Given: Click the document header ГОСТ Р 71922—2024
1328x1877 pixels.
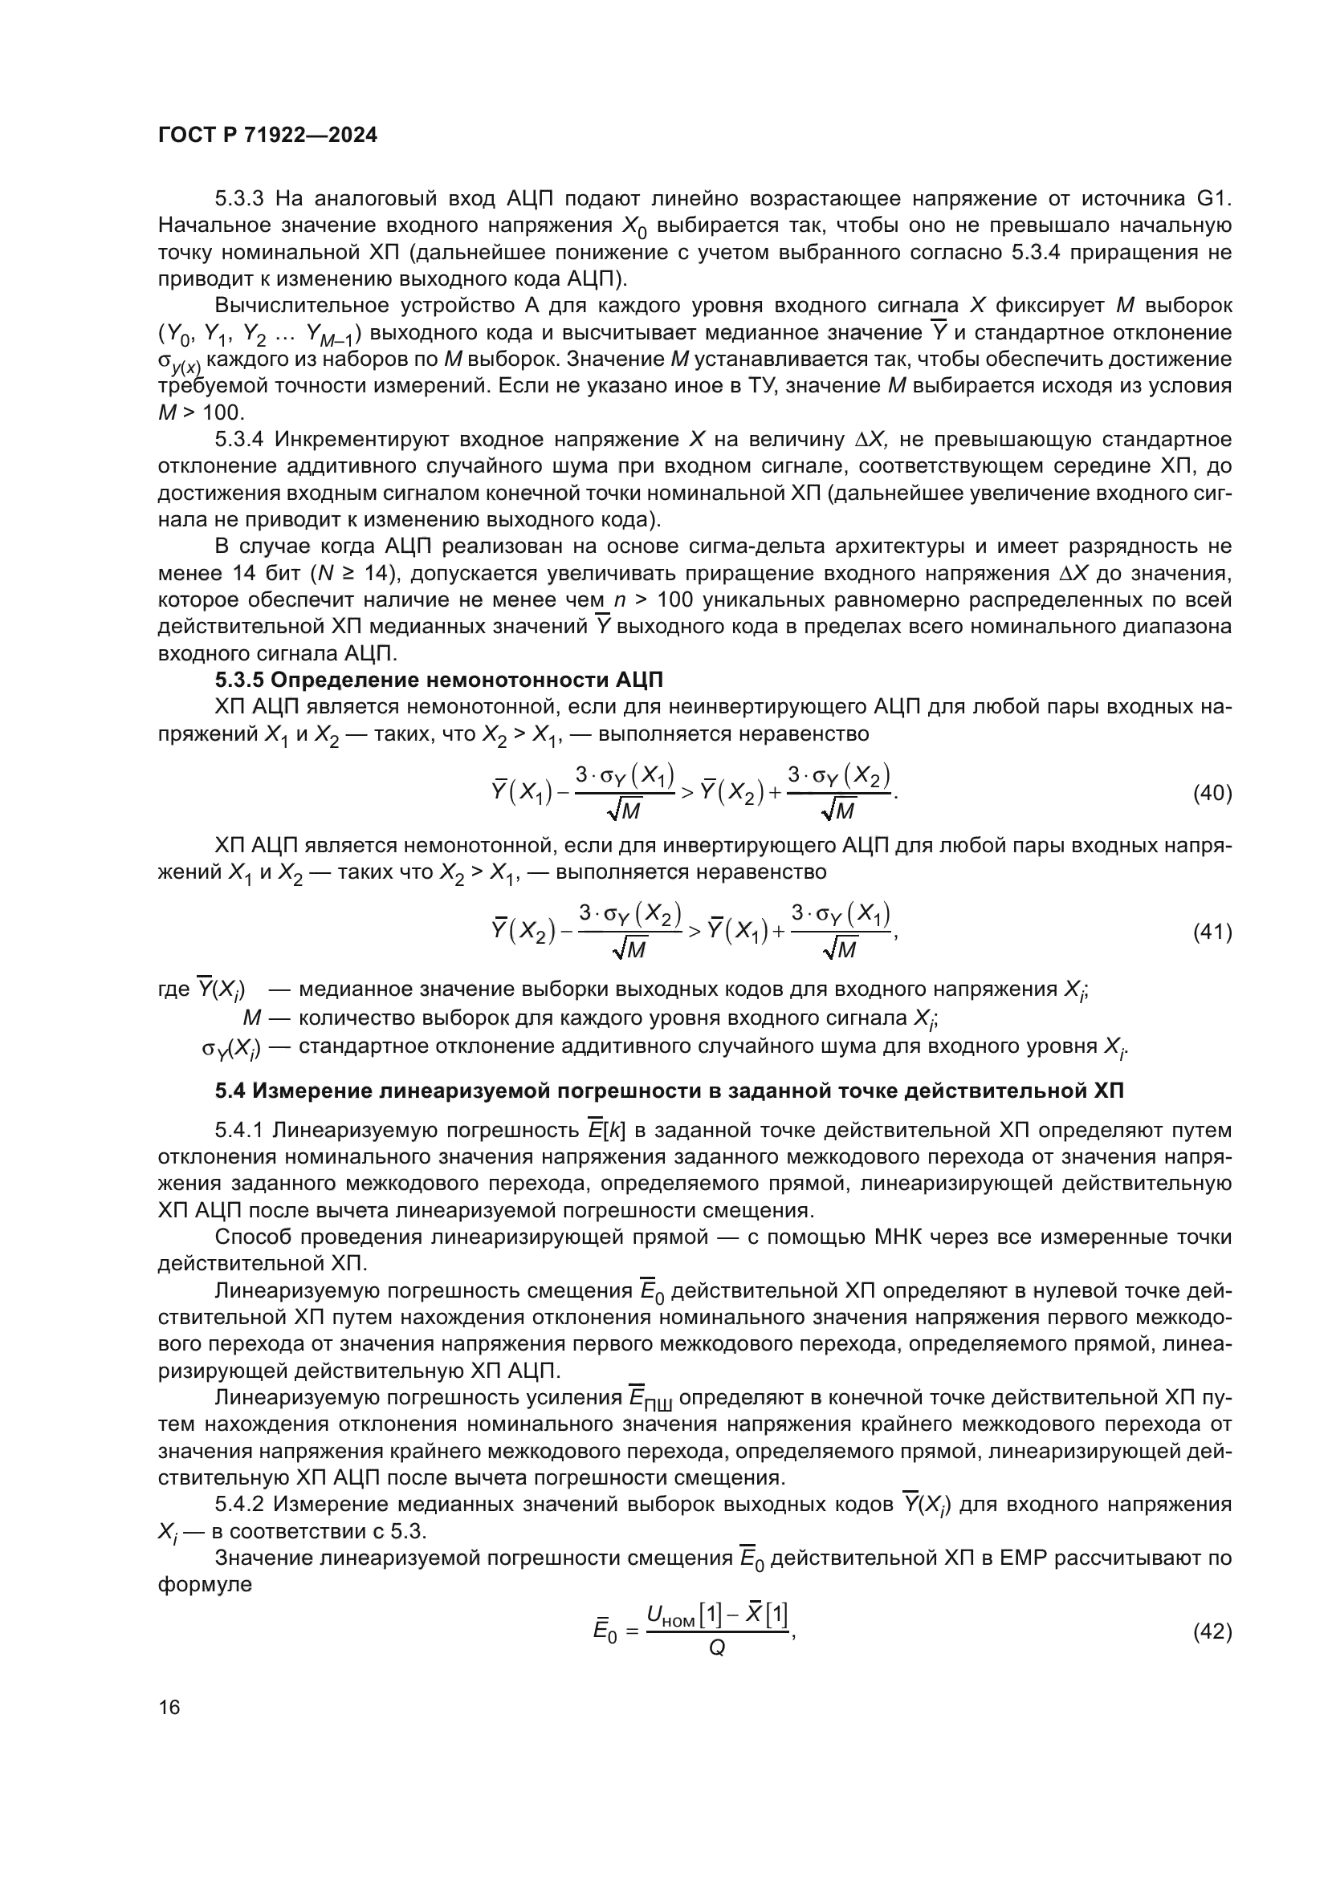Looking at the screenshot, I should coord(267,136).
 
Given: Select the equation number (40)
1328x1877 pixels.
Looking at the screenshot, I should coord(1212,793).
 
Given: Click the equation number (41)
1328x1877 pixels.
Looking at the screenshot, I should coord(1212,931).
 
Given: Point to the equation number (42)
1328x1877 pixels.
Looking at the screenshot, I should coord(1212,1631).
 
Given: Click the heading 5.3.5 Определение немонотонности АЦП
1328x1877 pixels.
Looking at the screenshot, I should coord(439,681).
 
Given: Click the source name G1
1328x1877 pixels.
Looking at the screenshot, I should coord(1213,199).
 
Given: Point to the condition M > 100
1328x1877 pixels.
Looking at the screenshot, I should coord(202,412).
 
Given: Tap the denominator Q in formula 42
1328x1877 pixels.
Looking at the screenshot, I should coord(716,1648).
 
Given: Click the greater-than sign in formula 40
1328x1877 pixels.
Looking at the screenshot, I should coord(687,793).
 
